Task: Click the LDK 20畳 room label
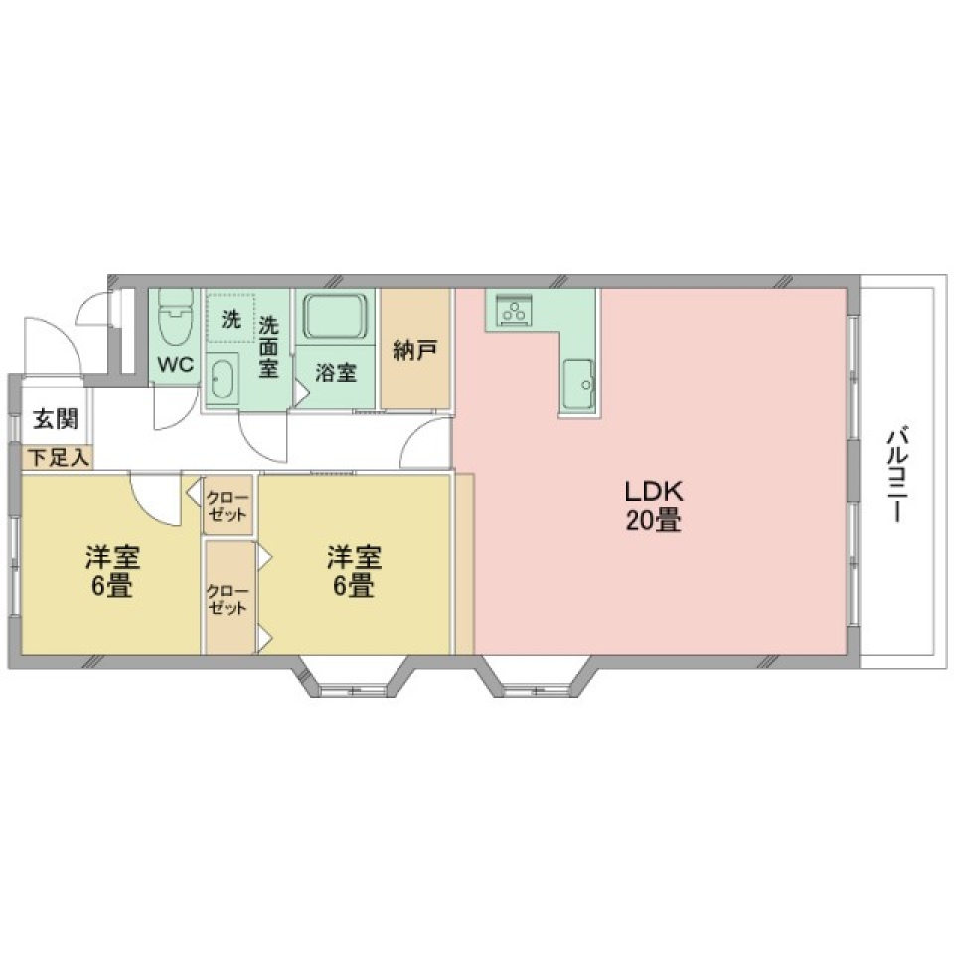pyautogui.click(x=652, y=505)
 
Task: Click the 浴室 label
pyautogui.click(x=336, y=373)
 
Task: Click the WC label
pyautogui.click(x=177, y=364)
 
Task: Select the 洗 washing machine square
pyautogui.click(x=231, y=319)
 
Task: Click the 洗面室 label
pyautogui.click(x=269, y=346)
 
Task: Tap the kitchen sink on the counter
pyautogui.click(x=578, y=382)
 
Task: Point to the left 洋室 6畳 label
pyautogui.click(x=111, y=571)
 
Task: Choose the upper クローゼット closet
pyautogui.click(x=229, y=505)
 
